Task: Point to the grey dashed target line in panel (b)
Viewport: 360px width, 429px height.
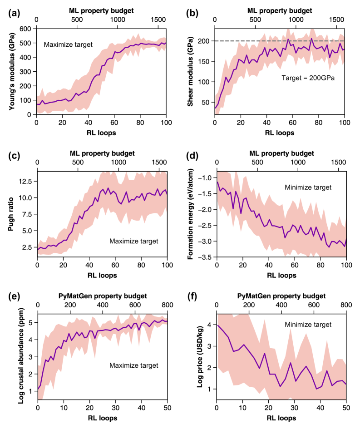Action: pos(318,41)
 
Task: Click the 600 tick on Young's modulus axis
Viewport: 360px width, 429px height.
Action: pos(27,28)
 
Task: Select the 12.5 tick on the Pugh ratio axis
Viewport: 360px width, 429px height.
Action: pos(25,181)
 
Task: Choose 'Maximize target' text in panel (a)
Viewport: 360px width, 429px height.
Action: pos(68,44)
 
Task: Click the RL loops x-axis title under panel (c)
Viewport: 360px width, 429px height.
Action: pos(102,275)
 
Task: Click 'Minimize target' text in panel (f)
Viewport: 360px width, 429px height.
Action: pos(309,325)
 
